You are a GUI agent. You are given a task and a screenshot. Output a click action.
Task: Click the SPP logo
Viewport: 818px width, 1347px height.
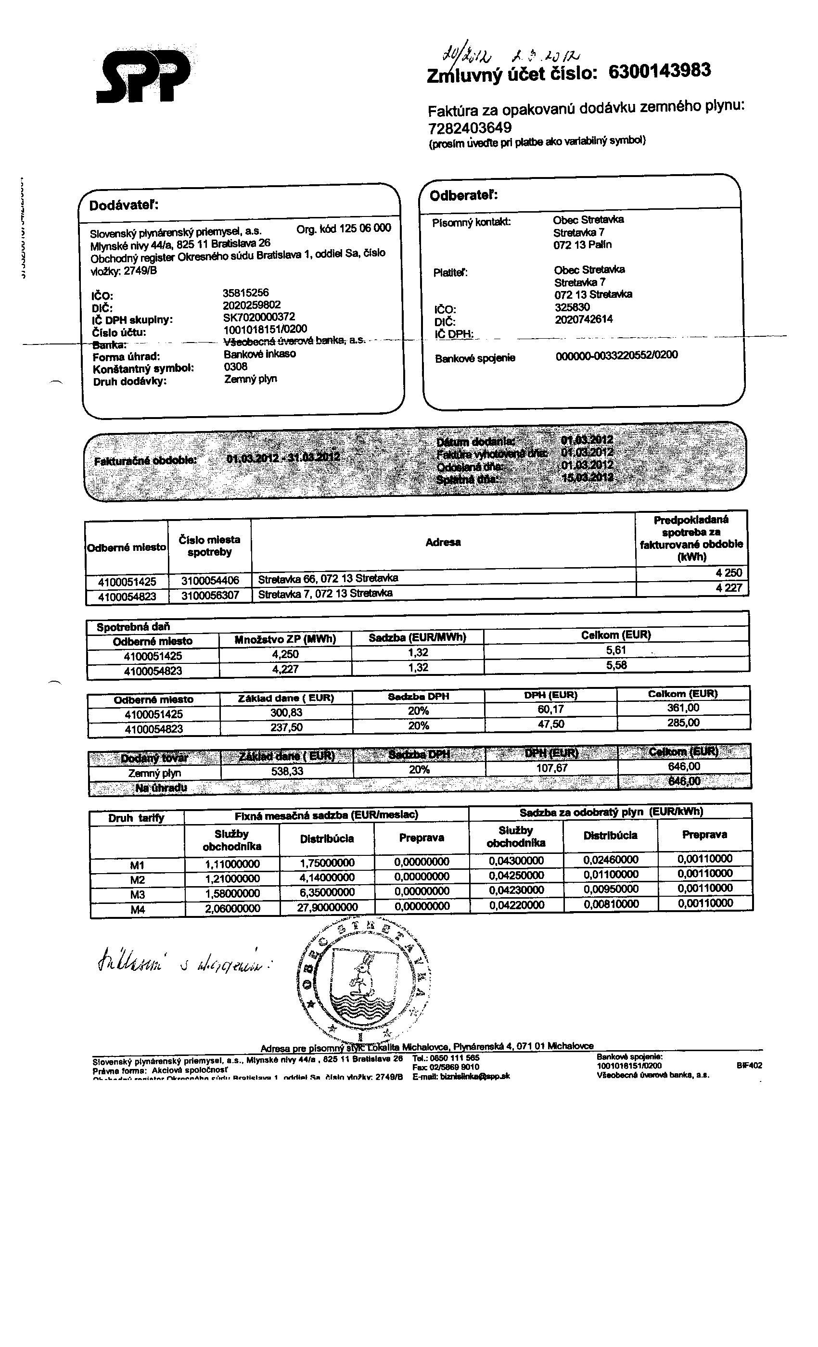pyautogui.click(x=143, y=76)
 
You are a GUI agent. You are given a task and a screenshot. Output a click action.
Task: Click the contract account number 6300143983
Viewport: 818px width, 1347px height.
pyautogui.click(x=659, y=71)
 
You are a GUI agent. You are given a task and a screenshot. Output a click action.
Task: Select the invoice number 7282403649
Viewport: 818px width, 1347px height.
pyautogui.click(x=470, y=128)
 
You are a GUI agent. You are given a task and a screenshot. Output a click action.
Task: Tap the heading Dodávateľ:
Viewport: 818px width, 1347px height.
pyautogui.click(x=124, y=205)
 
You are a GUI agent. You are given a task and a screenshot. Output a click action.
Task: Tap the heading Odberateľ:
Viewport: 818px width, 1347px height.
pyautogui.click(x=464, y=196)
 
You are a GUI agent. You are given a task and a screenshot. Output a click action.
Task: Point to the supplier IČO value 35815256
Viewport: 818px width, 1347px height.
pyautogui.click(x=245, y=293)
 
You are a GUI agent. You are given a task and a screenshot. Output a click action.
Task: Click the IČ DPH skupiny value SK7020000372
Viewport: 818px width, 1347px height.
pyautogui.click(x=259, y=317)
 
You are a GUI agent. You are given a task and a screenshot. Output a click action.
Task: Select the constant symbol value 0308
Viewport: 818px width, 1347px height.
pyautogui.click(x=236, y=367)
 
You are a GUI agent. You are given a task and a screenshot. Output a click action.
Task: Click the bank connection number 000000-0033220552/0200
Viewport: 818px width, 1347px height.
pyautogui.click(x=616, y=356)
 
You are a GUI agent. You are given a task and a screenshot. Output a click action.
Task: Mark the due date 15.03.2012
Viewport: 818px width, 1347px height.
pyautogui.click(x=587, y=478)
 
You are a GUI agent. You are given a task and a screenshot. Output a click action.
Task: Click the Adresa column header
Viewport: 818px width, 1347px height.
pyautogui.click(x=443, y=542)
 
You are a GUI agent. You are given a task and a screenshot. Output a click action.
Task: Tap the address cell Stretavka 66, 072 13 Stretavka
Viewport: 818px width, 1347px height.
pyautogui.click(x=328, y=578)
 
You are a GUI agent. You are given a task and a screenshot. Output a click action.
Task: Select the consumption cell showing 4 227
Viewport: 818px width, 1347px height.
pyautogui.click(x=729, y=588)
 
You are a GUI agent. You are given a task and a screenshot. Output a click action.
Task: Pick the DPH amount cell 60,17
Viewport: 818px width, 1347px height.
pyautogui.click(x=550, y=710)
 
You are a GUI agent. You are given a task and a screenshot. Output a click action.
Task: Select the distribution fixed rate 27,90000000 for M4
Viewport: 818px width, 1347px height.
pyautogui.click(x=328, y=907)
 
